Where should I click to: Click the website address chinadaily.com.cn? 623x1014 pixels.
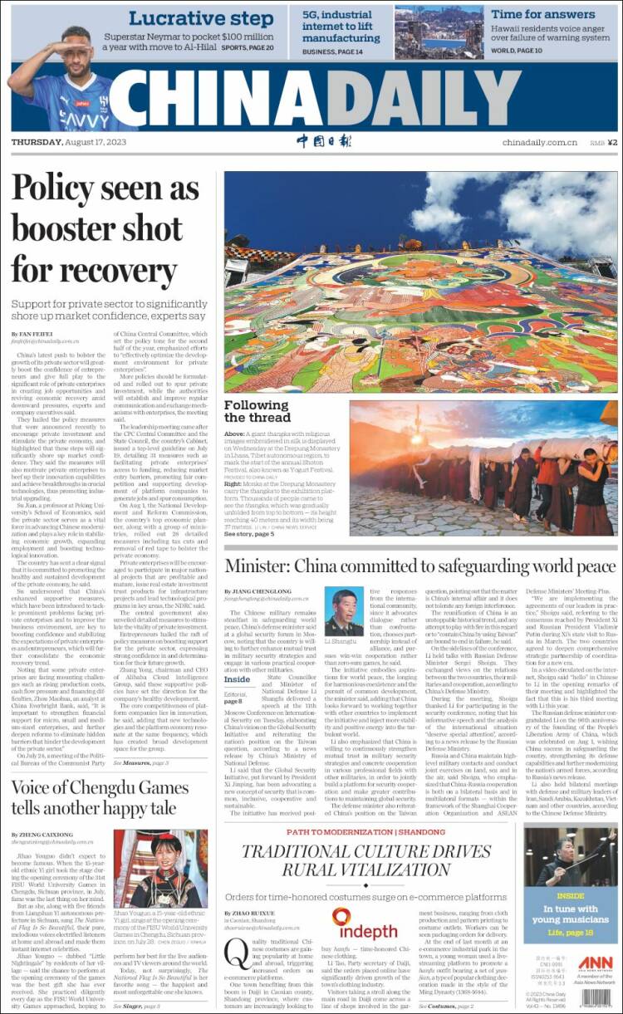(539, 143)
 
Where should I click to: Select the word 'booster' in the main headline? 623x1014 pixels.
(75, 228)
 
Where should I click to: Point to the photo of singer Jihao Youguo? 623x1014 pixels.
(169, 868)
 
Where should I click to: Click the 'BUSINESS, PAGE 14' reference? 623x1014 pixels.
(332, 51)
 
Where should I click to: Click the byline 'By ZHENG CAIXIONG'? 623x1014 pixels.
(42, 833)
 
